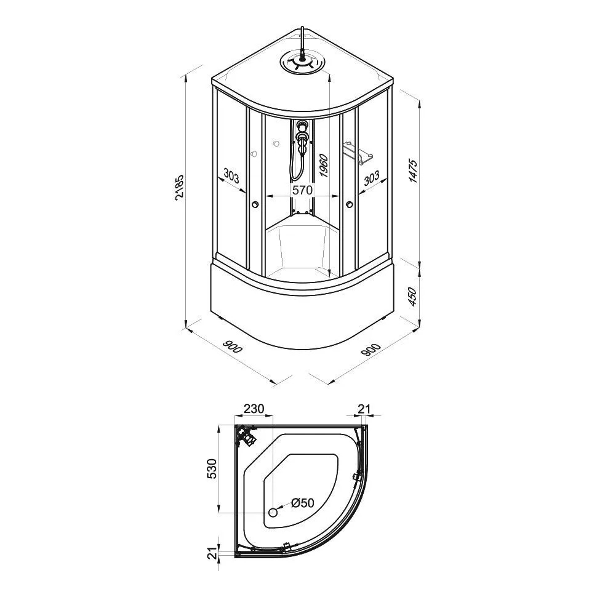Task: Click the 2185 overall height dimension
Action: pyautogui.click(x=180, y=187)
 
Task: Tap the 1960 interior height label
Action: pyautogui.click(x=324, y=165)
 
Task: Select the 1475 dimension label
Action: pyautogui.click(x=413, y=171)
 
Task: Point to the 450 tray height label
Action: pyautogui.click(x=413, y=297)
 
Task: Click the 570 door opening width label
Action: pyautogui.click(x=302, y=190)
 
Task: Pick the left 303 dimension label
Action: pyautogui.click(x=231, y=176)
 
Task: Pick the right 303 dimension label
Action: pyautogui.click(x=371, y=178)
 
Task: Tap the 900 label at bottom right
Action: pyautogui.click(x=371, y=350)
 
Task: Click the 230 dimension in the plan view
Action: pyautogui.click(x=254, y=409)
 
